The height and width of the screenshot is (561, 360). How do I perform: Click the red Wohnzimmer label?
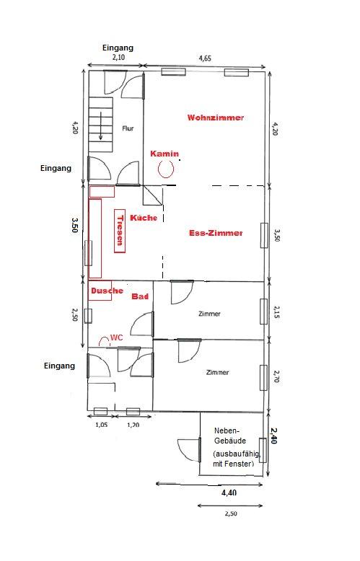216,118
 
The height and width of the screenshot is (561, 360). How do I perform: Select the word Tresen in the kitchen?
120,231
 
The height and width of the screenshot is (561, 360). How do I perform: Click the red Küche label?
143,218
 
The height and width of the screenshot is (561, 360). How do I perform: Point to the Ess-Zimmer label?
216,233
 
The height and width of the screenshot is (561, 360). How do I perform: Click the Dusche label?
107,291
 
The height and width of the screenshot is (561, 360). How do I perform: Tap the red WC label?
117,337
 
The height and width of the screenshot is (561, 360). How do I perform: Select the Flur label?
128,128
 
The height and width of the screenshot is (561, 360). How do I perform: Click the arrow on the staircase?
101,125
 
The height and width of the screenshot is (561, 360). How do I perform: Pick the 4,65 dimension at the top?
205,58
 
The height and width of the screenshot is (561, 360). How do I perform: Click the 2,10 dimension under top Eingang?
118,57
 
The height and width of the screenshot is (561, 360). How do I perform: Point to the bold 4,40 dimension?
229,492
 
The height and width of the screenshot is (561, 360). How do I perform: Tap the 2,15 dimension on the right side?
276,312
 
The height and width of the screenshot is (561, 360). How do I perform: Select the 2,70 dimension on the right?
276,376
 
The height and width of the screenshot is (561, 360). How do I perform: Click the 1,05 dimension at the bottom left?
101,425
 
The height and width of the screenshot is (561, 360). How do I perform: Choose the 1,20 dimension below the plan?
133,425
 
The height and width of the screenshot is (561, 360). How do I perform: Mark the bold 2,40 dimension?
274,436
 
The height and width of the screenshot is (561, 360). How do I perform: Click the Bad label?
140,296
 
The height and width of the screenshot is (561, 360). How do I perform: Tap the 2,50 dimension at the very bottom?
231,513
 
